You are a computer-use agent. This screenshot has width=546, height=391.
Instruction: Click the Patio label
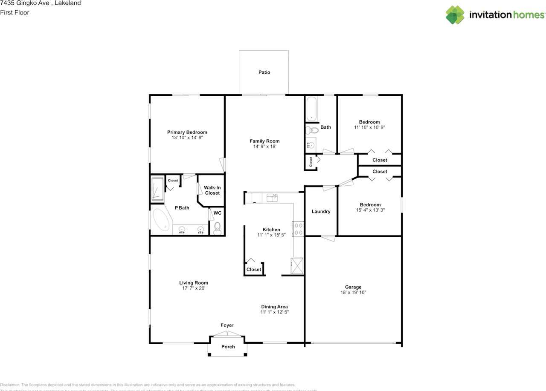click(264, 72)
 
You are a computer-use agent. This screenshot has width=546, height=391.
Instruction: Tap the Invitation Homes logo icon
click(455, 15)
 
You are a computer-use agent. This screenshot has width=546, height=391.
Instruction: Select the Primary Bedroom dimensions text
click(187, 138)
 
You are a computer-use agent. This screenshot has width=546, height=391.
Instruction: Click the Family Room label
click(264, 141)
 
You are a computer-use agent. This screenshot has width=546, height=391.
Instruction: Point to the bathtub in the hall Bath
click(311, 109)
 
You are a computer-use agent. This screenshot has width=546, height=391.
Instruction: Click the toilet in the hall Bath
click(312, 130)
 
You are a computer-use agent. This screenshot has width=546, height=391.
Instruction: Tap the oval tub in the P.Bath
click(161, 220)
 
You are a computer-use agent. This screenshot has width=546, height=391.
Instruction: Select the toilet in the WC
click(217, 229)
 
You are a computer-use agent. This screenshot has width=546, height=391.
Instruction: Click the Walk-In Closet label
click(212, 190)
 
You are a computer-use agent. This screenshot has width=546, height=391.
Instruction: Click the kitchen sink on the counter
click(272, 198)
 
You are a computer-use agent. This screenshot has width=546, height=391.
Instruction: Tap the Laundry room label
click(321, 211)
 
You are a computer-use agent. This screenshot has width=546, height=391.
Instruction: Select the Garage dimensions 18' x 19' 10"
click(353, 293)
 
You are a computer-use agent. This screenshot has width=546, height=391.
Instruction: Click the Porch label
click(228, 347)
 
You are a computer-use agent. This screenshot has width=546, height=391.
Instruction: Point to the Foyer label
click(227, 325)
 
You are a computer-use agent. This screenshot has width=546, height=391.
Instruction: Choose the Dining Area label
click(274, 307)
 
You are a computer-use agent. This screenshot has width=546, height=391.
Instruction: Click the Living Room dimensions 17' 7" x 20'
click(193, 288)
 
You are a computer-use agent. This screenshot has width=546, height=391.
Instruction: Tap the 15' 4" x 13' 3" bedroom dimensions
click(370, 210)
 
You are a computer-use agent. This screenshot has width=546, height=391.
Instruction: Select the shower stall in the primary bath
click(157, 189)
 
